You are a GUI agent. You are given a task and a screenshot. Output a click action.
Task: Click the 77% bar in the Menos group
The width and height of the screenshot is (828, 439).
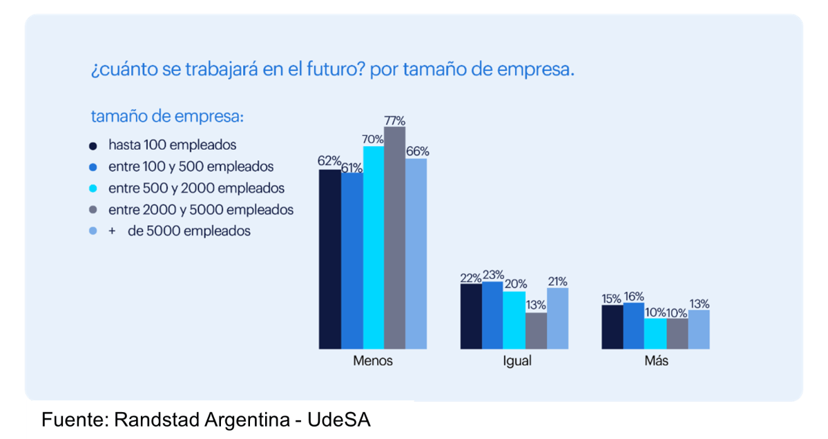[394, 237]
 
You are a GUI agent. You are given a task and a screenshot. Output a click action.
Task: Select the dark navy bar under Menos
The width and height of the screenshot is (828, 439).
[329, 259]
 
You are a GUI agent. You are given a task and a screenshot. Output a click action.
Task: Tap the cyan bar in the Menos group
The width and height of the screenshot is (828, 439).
[373, 247]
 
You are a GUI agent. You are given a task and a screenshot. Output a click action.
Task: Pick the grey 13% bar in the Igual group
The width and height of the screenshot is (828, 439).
[536, 331]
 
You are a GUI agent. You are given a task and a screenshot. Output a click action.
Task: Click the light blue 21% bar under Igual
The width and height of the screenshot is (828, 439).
[557, 318]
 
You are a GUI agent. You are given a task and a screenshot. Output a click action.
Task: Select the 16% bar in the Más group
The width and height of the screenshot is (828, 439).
[633, 325]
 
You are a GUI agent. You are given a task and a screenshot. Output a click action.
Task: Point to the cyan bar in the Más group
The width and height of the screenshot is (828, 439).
[655, 333]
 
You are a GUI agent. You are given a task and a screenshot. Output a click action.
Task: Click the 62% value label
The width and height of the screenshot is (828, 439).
[329, 161]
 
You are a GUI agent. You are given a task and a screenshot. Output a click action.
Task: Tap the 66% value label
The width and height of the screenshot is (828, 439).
[417, 151]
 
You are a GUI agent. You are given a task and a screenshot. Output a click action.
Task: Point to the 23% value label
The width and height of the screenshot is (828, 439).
[493, 274]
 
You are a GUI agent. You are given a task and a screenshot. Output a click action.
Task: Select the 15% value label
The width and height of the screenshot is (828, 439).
[611, 298]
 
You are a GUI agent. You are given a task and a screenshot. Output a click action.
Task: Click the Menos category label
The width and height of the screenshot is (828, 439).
[373, 361]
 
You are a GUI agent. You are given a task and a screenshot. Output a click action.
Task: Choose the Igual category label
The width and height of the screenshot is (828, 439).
[517, 361]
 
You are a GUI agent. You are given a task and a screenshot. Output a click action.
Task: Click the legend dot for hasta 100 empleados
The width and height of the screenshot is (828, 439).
[93, 146]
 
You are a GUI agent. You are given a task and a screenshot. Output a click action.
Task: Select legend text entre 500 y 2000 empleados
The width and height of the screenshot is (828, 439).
[196, 188]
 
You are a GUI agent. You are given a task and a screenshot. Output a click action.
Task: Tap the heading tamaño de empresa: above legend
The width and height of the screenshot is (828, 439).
[167, 117]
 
